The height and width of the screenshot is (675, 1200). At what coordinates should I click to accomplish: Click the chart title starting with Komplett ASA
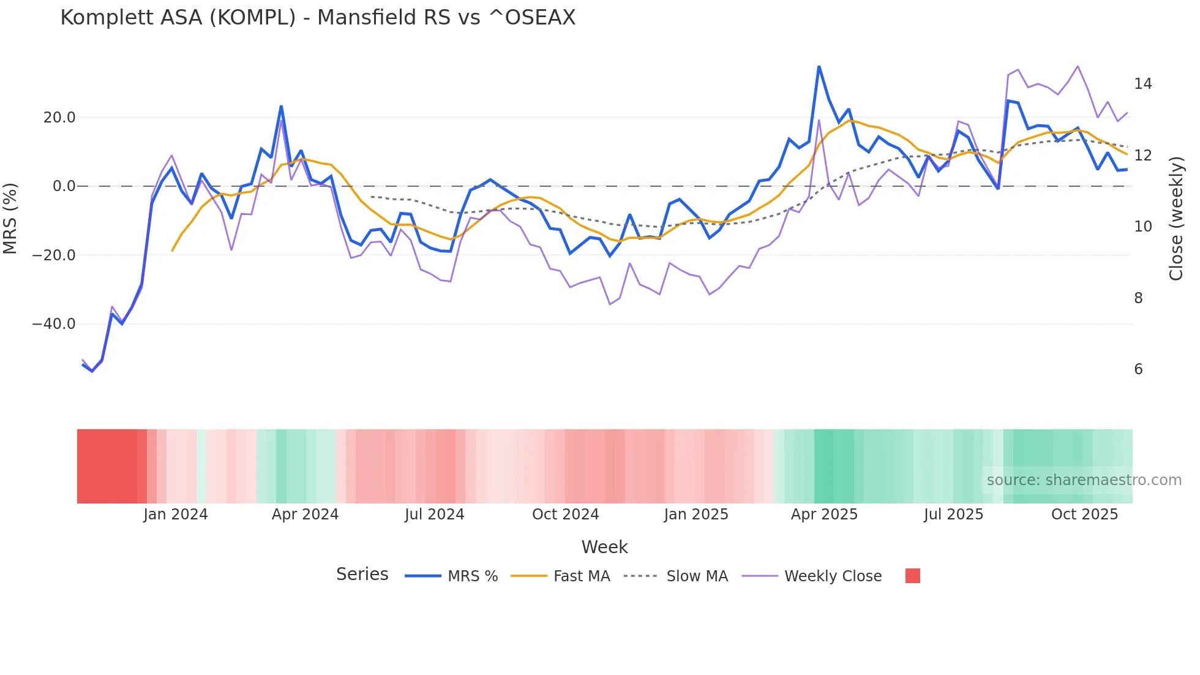(318, 18)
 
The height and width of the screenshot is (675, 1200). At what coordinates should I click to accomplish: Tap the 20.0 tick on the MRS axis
(59, 118)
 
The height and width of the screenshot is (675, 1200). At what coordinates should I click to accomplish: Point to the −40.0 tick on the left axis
(54, 324)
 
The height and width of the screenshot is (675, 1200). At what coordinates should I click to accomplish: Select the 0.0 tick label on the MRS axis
(64, 186)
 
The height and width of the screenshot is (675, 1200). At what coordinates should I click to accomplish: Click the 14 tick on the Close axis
(1142, 84)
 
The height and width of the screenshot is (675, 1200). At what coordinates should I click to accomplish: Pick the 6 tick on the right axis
(1138, 369)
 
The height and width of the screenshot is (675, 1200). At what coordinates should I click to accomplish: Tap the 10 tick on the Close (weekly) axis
(1142, 227)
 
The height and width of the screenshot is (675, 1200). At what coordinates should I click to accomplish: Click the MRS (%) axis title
(10, 218)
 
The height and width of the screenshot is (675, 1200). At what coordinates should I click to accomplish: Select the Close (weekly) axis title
(1176, 218)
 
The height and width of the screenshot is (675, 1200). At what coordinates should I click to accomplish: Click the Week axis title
(604, 547)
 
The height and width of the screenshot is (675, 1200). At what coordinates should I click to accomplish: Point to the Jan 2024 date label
(176, 515)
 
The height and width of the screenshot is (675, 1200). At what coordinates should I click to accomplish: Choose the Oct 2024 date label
(565, 515)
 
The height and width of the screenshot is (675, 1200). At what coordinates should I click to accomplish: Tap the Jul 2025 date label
(953, 515)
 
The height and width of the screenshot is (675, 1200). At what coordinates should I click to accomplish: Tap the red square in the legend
(912, 576)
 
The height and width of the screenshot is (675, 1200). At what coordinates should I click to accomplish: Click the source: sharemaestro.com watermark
(1084, 480)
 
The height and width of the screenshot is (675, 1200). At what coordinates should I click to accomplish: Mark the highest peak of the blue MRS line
(819, 66)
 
